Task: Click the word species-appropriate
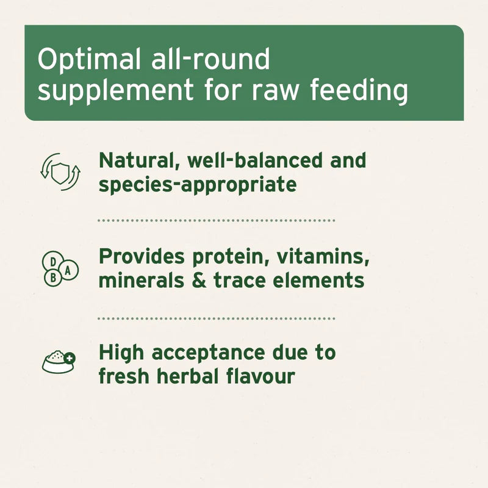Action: pos(197,184)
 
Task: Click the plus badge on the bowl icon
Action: pos(70,358)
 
